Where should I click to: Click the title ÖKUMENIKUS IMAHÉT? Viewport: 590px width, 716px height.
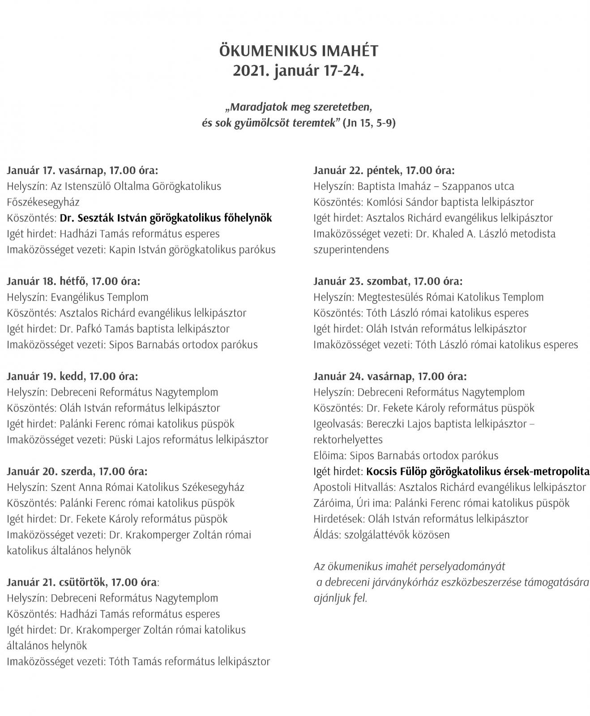[x=299, y=51]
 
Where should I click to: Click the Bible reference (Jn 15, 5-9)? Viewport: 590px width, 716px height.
[x=369, y=123]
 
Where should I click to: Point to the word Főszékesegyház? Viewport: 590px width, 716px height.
[x=43, y=202]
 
